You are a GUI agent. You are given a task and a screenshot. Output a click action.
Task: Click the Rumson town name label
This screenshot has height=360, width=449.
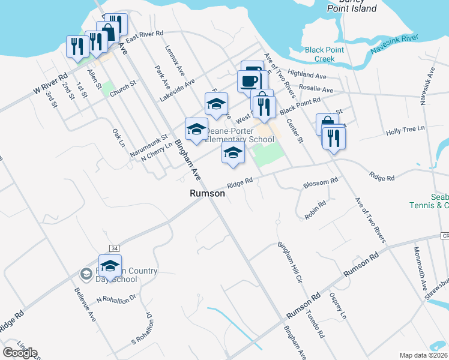[x=207, y=194]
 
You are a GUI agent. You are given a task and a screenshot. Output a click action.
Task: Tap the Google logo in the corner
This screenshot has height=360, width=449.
[x=20, y=353]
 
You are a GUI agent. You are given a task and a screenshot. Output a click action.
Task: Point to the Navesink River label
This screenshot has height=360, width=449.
[x=394, y=45]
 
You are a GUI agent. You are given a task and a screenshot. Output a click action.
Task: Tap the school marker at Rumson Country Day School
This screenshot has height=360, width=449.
[x=110, y=266]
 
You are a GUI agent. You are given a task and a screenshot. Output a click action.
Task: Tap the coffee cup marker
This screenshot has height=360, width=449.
[x=249, y=80]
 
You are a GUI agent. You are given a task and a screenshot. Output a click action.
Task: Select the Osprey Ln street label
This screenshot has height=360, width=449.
[x=338, y=306]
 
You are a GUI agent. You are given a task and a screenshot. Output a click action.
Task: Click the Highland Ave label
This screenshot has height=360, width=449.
[x=306, y=75]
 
